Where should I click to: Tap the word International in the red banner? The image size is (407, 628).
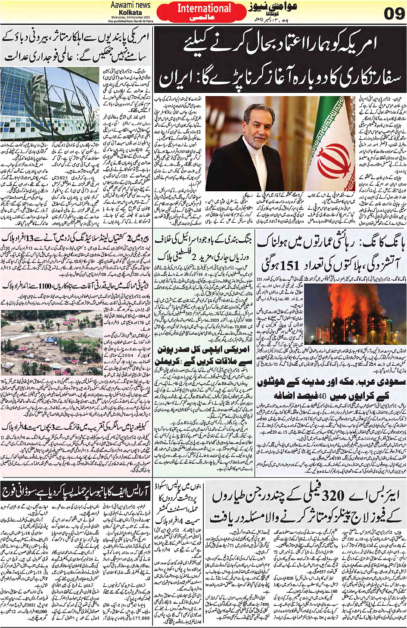(x=204, y=8)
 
